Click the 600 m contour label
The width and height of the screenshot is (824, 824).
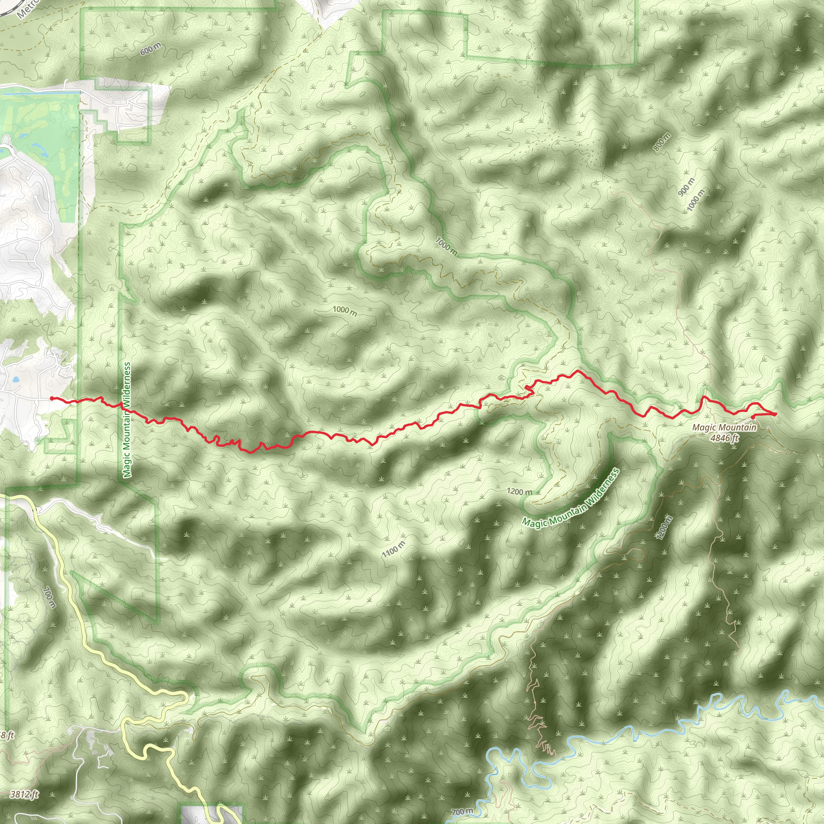point(150,49)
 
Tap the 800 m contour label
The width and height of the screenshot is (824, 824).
point(662,142)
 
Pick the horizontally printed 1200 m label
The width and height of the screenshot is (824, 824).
point(519,492)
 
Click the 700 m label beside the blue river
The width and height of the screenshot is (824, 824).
point(461,812)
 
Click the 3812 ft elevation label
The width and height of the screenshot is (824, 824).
point(24,794)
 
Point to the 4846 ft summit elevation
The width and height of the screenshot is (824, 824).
point(724,438)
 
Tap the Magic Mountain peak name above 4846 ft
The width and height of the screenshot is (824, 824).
point(724,427)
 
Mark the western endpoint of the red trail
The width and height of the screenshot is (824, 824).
point(51,398)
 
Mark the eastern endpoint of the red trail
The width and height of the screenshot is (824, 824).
point(775,414)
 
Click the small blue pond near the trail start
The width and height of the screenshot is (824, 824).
point(16,379)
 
